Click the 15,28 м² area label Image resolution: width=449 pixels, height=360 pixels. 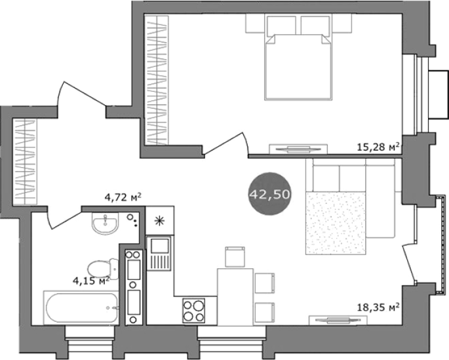click(378, 147)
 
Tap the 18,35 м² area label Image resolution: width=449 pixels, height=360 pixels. click(378, 308)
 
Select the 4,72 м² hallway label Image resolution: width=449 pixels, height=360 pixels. click(123, 197)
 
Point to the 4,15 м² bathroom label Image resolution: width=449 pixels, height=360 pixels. click(91, 281)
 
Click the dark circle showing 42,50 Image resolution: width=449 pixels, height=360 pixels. click(270, 194)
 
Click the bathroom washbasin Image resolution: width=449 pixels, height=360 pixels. click(105, 223)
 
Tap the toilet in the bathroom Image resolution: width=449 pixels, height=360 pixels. click(103, 270)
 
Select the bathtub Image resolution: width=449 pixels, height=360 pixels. click(81, 308)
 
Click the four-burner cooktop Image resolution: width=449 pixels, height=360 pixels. click(194, 310)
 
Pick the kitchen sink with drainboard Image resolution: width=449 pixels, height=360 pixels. click(159, 254)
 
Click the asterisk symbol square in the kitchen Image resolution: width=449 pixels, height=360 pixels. click(159, 220)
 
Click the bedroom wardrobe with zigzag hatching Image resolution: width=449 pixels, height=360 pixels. click(157, 80)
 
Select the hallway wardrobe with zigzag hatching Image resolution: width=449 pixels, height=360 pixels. click(25, 162)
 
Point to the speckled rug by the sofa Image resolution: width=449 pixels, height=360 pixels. click(336, 223)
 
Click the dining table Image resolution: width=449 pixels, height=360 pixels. click(235, 296)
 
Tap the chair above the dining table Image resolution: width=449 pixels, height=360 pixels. click(235, 257)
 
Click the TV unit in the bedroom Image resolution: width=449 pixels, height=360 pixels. click(298, 149)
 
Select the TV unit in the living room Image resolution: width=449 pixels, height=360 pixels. click(338, 320)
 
